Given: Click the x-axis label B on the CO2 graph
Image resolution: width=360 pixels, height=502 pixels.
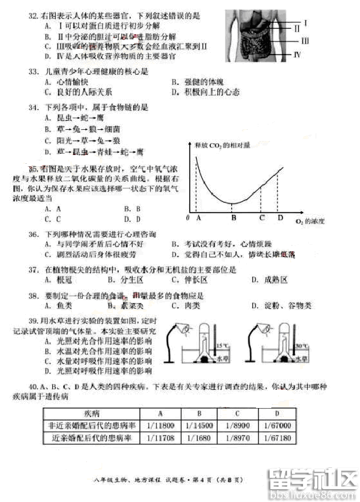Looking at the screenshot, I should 233,218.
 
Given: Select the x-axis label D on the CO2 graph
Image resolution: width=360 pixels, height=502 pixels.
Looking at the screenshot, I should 280,218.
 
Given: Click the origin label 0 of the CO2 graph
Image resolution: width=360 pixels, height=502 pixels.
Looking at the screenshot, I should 187,218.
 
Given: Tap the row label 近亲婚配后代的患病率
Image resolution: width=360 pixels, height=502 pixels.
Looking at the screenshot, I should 92,438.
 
